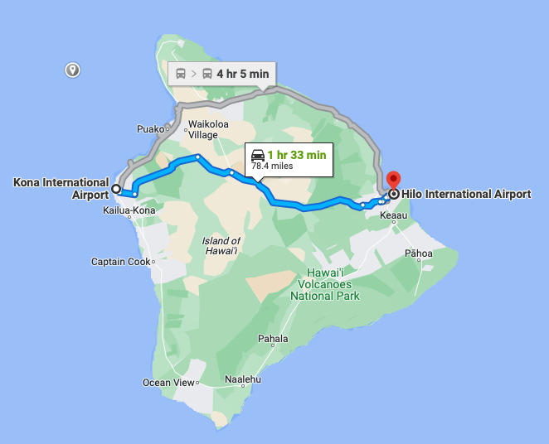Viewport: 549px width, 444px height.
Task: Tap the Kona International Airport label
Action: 61,188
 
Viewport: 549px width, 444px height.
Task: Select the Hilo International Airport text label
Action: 466,195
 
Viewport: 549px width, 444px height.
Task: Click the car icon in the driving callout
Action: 258,155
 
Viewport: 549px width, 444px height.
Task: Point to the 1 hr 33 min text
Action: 296,154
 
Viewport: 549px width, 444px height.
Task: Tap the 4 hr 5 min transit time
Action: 243,74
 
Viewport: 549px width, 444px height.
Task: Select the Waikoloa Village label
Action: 203,130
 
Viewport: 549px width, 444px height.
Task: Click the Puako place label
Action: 150,129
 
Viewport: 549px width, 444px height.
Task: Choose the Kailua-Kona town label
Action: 129,210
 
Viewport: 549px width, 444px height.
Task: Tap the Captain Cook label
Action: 121,262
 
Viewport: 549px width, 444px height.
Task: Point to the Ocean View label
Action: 168,383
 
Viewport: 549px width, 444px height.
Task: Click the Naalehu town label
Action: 243,380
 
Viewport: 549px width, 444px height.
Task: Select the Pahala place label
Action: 273,339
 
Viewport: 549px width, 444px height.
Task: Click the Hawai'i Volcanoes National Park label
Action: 325,284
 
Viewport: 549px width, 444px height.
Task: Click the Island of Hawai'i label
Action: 221,246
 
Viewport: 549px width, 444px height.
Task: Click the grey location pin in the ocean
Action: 73,70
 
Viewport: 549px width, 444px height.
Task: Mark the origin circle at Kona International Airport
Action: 116,189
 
